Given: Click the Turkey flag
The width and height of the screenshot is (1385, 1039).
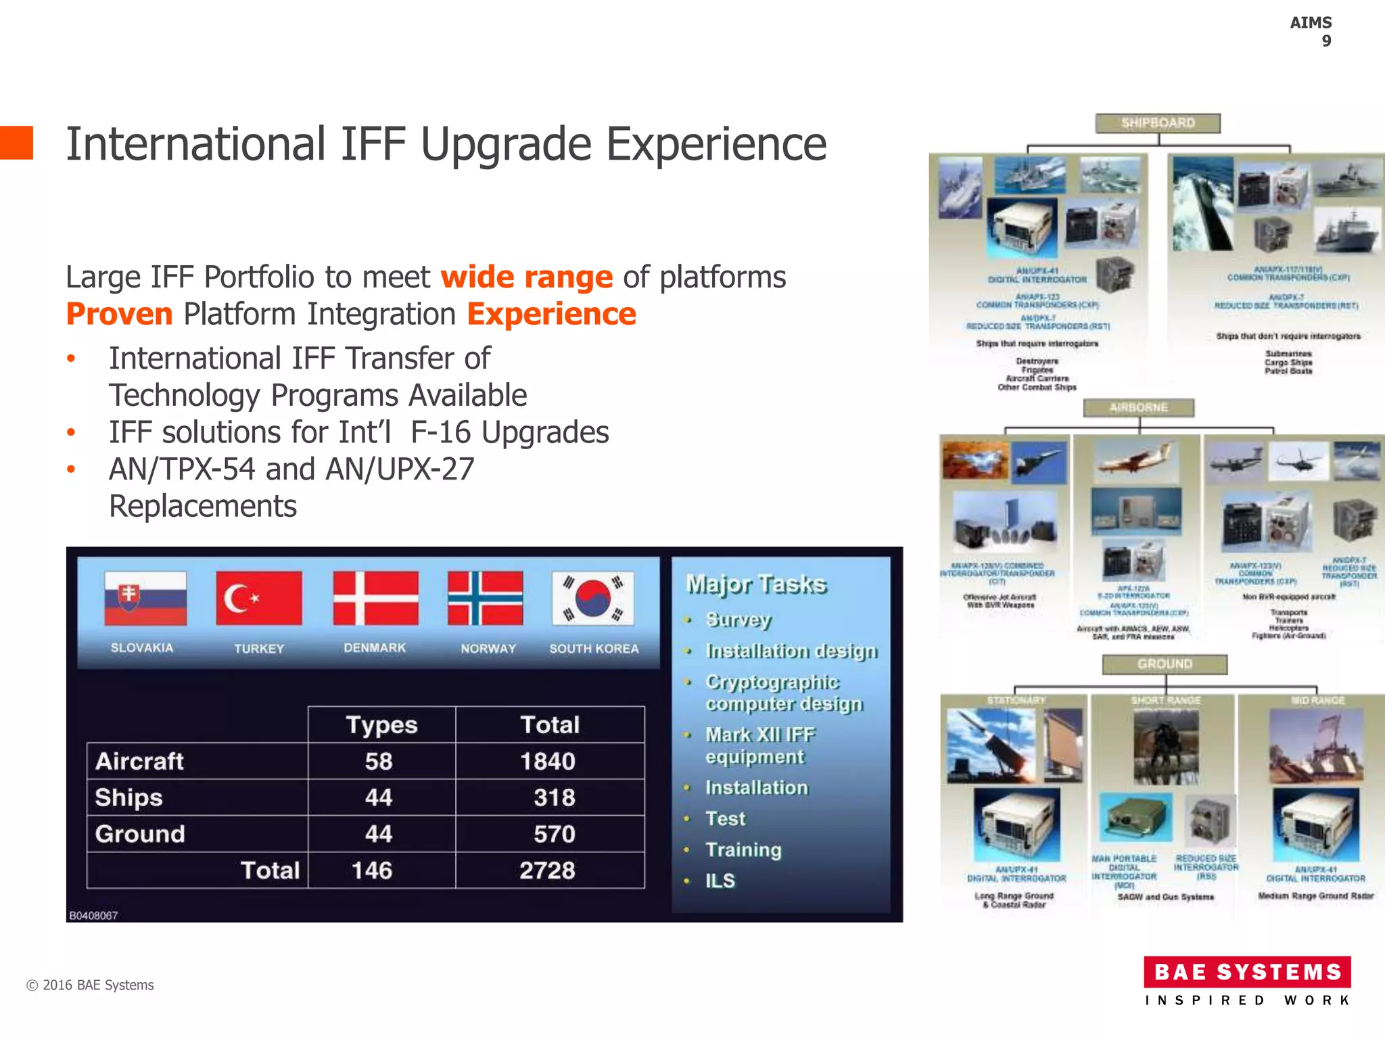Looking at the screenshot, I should tap(258, 598).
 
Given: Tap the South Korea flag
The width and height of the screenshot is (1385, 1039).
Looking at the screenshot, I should tap(592, 598).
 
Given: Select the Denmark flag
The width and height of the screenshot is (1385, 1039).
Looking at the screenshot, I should tap(375, 598).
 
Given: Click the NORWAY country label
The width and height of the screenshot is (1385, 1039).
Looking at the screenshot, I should tap(488, 649).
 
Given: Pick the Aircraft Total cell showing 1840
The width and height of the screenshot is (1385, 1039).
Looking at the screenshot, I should tap(548, 762).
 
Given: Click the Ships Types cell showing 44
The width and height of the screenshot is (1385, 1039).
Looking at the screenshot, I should tap(379, 798).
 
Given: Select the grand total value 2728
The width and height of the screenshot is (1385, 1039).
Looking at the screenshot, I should tap(547, 871).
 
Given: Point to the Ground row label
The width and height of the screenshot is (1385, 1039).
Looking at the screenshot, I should tap(140, 834).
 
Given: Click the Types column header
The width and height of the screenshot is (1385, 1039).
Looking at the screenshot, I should tap(381, 725).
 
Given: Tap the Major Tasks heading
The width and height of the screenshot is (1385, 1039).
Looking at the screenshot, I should tap(756, 584).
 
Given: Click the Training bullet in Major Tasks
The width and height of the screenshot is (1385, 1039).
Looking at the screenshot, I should tap(743, 850).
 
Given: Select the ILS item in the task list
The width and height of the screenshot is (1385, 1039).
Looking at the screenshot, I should tap(720, 881).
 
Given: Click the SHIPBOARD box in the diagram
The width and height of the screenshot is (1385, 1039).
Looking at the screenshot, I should tap(1158, 123).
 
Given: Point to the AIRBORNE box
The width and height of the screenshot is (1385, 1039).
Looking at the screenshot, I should tap(1138, 408).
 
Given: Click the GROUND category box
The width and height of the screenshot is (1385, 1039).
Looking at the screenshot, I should tap(1164, 664).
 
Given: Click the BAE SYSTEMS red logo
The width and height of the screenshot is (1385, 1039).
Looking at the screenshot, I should tap(1247, 972).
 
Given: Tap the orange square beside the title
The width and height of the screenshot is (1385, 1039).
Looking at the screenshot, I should tap(16, 143).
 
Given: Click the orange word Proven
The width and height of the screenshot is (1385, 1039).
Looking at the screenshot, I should tap(120, 315).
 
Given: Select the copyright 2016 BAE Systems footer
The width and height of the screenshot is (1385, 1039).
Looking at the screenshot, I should tap(90, 985).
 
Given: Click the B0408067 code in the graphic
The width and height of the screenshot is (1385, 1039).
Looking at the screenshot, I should tap(93, 916).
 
